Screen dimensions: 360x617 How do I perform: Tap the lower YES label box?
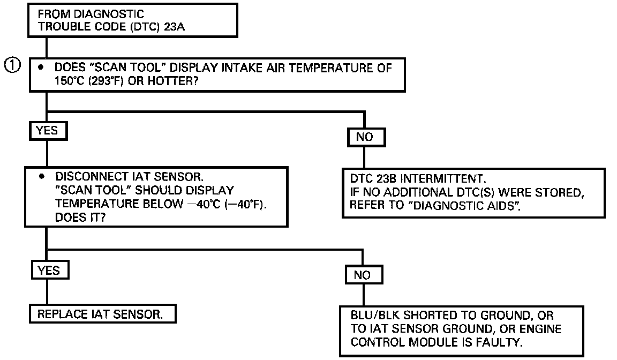[49, 271]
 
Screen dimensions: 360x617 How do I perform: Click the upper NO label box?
[365, 137]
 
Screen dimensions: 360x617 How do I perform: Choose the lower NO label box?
[363, 275]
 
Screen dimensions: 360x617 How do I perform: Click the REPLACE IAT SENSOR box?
[102, 314]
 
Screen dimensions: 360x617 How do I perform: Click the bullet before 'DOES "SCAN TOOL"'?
[40, 67]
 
